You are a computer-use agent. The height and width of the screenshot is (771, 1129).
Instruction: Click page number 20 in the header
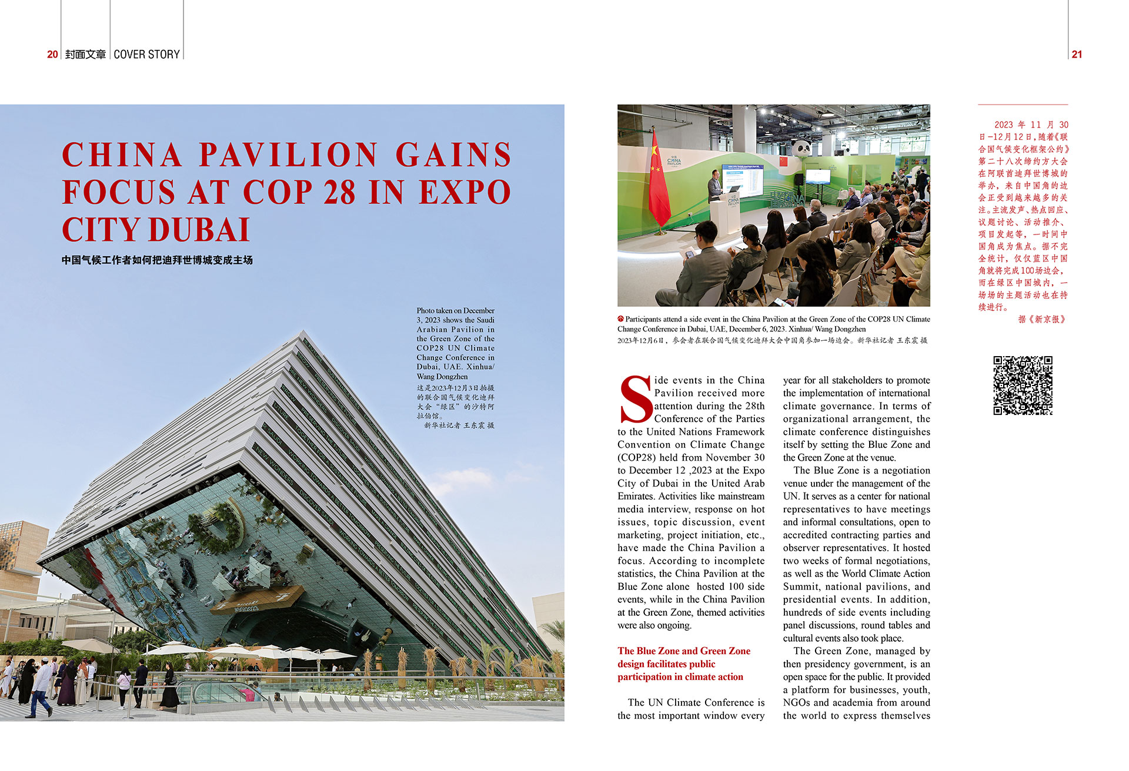[x=52, y=54]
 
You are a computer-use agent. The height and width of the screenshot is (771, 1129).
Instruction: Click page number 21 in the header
[x=1077, y=54]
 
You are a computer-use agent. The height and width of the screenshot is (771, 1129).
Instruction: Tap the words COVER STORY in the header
[x=146, y=54]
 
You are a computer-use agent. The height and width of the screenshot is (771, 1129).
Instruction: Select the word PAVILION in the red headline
[x=288, y=155]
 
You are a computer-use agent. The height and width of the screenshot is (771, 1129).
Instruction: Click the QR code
[x=1023, y=385]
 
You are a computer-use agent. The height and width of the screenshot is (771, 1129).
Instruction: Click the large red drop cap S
[x=635, y=400]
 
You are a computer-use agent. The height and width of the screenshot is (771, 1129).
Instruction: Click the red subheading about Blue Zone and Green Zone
[x=683, y=663]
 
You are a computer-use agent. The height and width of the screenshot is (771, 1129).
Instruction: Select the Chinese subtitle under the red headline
[x=157, y=260]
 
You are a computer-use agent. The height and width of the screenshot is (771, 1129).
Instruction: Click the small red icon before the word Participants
[x=620, y=319]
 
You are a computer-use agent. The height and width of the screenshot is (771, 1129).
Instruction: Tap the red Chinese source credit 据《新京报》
[x=1041, y=319]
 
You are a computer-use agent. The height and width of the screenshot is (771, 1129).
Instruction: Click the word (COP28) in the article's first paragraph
[x=642, y=457]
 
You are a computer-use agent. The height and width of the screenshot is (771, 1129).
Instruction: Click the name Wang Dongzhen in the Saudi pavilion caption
[x=442, y=376]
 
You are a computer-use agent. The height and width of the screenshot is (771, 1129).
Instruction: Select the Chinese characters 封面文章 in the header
[x=85, y=54]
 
